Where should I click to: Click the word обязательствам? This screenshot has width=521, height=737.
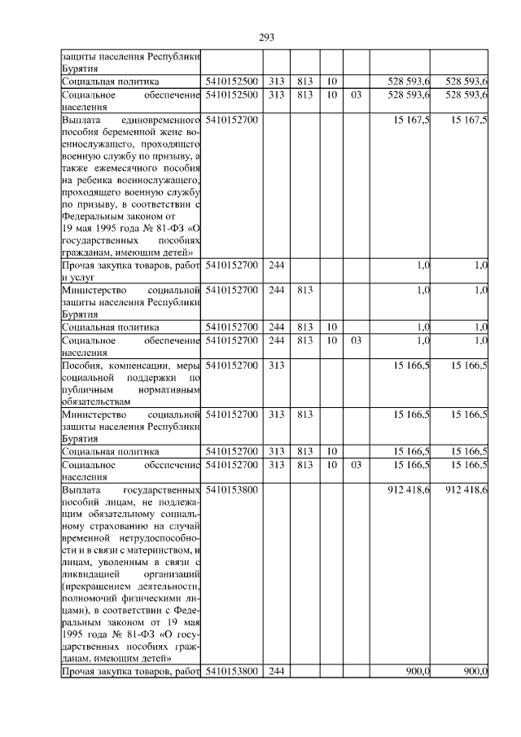(95, 402)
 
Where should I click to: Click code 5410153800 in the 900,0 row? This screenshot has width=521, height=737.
(233, 671)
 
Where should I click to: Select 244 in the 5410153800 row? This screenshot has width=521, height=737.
(277, 671)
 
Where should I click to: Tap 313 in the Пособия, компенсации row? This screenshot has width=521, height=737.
(277, 366)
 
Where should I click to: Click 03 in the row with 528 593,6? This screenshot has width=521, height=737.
(355, 95)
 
